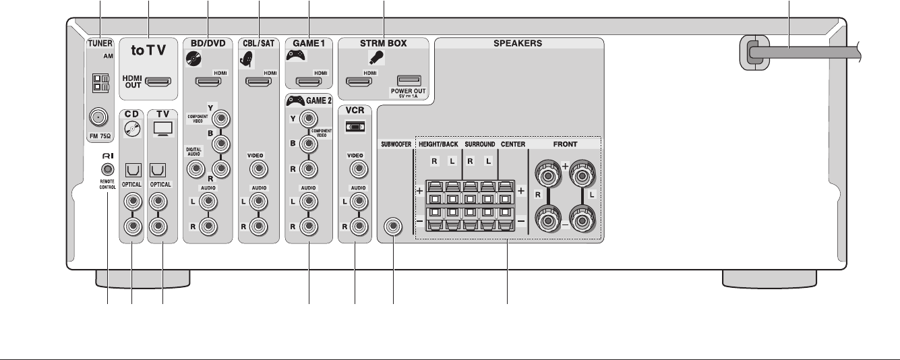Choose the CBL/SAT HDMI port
pos(259,84)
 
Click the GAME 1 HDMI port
pos(309,83)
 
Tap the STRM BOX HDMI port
pos(359,84)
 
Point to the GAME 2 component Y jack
pos(309,119)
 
